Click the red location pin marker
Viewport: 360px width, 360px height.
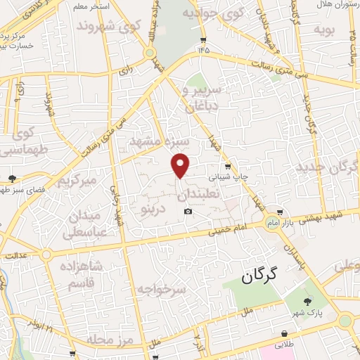coord(181,165)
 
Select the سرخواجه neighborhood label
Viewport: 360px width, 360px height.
coord(160,289)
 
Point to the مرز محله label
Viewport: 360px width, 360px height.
coord(111,341)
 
